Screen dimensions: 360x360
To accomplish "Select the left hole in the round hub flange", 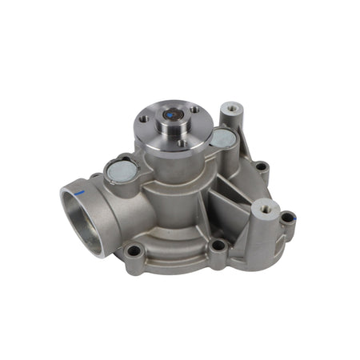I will pyautogui.click(x=143, y=119).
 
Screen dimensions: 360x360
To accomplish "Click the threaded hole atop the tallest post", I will pyautogui.click(x=232, y=107).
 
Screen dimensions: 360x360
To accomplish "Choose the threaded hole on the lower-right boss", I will pyautogui.click(x=265, y=210).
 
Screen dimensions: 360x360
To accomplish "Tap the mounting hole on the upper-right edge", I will pyautogui.click(x=262, y=168).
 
